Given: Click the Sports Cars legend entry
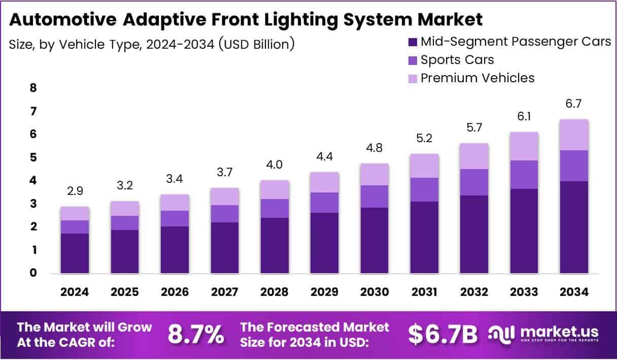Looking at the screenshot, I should [x=457, y=59].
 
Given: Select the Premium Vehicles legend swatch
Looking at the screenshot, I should [x=413, y=79].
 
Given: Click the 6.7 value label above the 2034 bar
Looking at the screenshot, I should [x=574, y=104].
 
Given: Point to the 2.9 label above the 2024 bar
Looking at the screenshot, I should [x=75, y=191].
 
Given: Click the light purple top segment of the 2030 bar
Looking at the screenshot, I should [x=374, y=174].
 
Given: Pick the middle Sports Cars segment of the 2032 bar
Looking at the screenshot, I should [x=474, y=182].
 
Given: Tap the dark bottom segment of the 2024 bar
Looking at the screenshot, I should [x=75, y=253].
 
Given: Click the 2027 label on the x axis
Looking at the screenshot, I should [x=225, y=292].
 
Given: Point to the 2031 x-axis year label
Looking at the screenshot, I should [x=424, y=292].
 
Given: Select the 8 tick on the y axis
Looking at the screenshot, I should [x=33, y=88].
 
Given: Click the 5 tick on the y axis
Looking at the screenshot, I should [x=33, y=157].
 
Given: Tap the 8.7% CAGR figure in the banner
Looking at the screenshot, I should [x=196, y=334].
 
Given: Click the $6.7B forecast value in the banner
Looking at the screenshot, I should [x=443, y=334].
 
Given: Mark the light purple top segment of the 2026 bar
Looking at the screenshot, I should [x=175, y=202].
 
